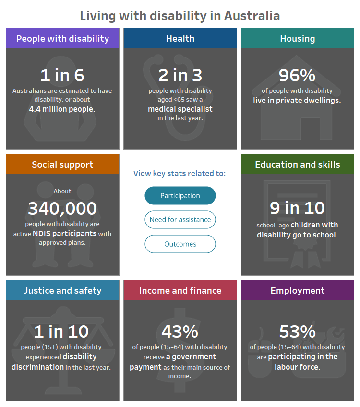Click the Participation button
(180, 195)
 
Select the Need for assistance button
(180, 220)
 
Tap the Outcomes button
(180, 244)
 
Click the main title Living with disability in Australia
(180, 15)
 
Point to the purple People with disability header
(62, 38)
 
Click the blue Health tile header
(180, 38)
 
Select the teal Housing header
(298, 38)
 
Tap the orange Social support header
(62, 164)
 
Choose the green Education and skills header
(298, 164)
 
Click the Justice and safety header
(62, 290)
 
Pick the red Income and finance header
(180, 290)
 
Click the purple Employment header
(298, 290)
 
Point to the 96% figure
(297, 75)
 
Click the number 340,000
(62, 208)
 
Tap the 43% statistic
(180, 331)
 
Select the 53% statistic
(297, 331)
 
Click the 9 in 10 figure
(297, 208)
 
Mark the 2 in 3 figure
(180, 75)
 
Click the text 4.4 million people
(62, 109)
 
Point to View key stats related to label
(180, 173)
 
